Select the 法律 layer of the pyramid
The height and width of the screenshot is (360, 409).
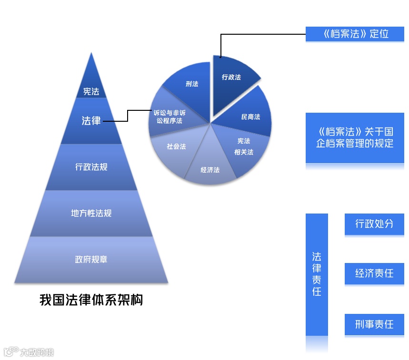tap(91, 121)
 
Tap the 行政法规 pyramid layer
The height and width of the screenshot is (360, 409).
tap(91, 167)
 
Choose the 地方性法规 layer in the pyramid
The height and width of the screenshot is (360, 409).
tap(91, 213)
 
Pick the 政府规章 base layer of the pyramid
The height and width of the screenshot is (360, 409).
tap(91, 260)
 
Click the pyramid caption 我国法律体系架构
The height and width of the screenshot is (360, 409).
tap(91, 301)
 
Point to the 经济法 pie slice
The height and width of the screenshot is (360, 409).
tap(210, 169)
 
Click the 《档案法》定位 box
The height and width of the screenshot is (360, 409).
tap(354, 34)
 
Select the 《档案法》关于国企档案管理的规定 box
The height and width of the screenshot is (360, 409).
tap(354, 138)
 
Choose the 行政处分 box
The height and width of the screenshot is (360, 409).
tap(374, 224)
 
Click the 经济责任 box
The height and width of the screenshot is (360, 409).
tap(374, 273)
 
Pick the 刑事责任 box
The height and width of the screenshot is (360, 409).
tap(374, 324)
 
